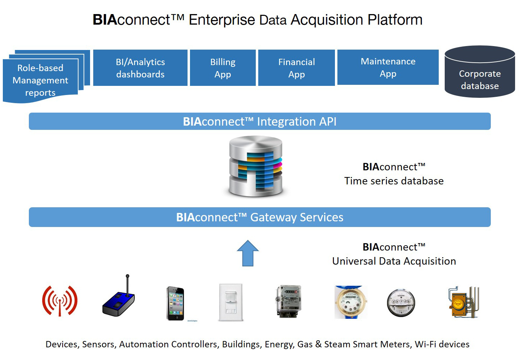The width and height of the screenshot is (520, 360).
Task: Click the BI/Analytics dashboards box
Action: [x=140, y=68]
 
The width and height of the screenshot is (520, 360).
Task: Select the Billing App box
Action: [x=223, y=68]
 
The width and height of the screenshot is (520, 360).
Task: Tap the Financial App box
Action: [x=296, y=68]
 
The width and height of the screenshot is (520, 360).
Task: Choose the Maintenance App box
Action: [x=388, y=67]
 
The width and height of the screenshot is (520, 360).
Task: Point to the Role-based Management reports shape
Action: [x=40, y=80]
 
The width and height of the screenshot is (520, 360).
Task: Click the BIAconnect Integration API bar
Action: [x=260, y=121]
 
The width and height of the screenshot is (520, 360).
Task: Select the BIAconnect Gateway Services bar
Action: [x=260, y=217]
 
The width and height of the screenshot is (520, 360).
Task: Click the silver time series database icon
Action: [x=256, y=166]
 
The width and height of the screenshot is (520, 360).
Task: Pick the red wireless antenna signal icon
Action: [x=60, y=301]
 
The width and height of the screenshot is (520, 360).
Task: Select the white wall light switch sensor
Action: [x=231, y=302]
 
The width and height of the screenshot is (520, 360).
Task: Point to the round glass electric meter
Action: [x=401, y=303]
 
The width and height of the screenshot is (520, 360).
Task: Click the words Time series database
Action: [x=394, y=181]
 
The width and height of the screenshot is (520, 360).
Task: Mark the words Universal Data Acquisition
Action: [x=394, y=261]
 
